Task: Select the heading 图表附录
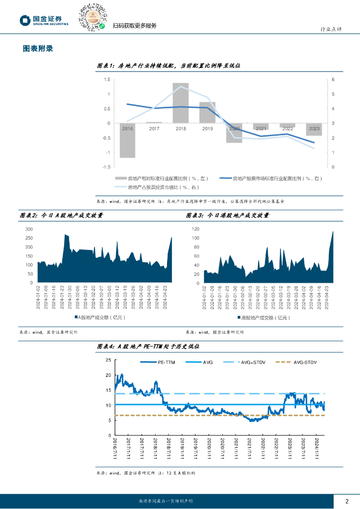(x=38, y=49)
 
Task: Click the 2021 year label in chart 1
(x=261, y=128)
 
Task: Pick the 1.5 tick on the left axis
(x=107, y=80)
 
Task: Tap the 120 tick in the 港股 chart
(x=195, y=229)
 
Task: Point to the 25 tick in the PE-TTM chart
(x=108, y=360)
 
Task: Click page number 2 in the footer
(x=347, y=501)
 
